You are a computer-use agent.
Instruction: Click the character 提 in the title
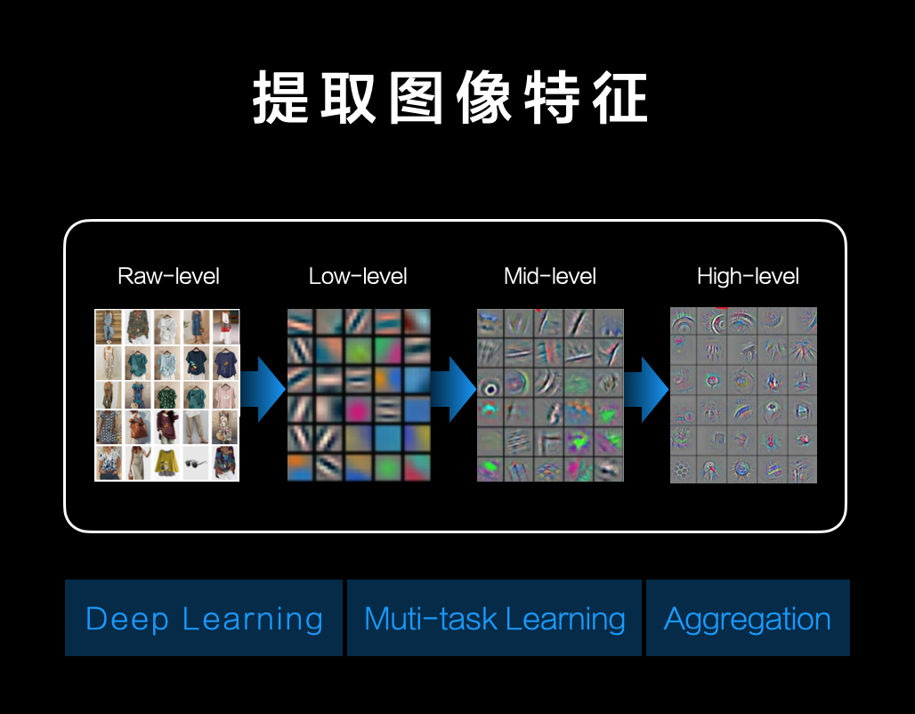(x=280, y=98)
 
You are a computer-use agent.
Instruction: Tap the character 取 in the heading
(x=348, y=98)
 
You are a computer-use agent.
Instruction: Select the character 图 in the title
(x=416, y=98)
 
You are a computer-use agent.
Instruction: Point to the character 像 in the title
(x=484, y=98)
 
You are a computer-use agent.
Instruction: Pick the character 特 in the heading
(x=552, y=98)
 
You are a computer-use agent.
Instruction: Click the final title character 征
(x=619, y=98)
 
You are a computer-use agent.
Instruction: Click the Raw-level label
(x=168, y=276)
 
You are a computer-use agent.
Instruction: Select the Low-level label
(x=358, y=276)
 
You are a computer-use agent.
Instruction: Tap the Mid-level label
(x=550, y=276)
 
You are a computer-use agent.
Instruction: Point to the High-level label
(x=748, y=277)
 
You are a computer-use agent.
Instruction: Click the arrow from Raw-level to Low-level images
(x=263, y=389)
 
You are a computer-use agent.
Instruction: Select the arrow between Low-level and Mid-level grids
(x=453, y=389)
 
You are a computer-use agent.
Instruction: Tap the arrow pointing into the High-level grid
(x=646, y=389)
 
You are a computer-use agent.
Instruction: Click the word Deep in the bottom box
(x=127, y=620)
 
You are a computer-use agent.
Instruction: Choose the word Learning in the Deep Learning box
(x=253, y=620)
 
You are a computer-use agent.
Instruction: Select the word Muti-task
(x=431, y=619)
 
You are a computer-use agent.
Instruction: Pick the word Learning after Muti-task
(x=565, y=620)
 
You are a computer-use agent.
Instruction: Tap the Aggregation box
(x=748, y=618)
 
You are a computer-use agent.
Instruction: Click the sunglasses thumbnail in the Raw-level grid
(x=196, y=464)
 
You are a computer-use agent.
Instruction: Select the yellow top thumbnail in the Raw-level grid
(x=167, y=464)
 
